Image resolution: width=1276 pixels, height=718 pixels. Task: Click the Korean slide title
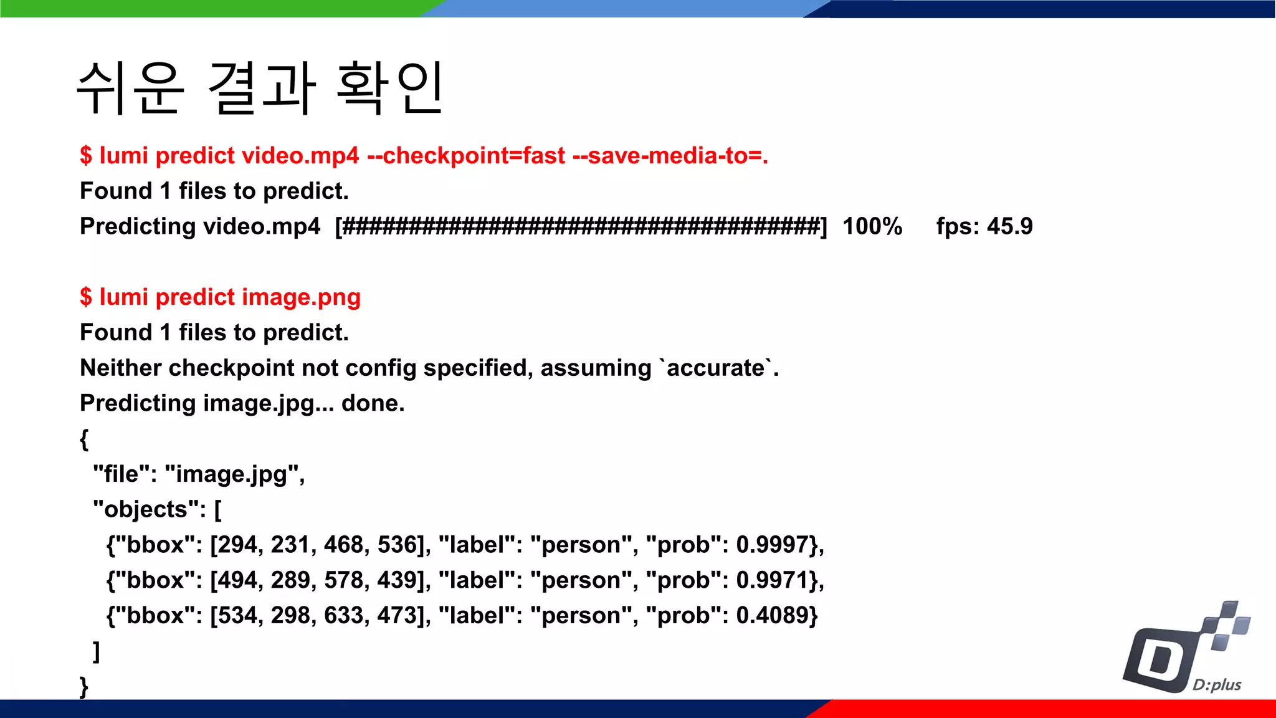point(260,88)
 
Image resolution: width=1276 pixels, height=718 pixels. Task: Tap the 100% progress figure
point(872,226)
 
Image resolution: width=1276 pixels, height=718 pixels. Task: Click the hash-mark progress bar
point(581,226)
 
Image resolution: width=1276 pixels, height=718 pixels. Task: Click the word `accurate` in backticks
point(715,368)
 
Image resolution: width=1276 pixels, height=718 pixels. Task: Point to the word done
point(373,403)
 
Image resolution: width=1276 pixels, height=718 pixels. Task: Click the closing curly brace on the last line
point(84,687)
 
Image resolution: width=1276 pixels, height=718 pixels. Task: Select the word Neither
point(121,368)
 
